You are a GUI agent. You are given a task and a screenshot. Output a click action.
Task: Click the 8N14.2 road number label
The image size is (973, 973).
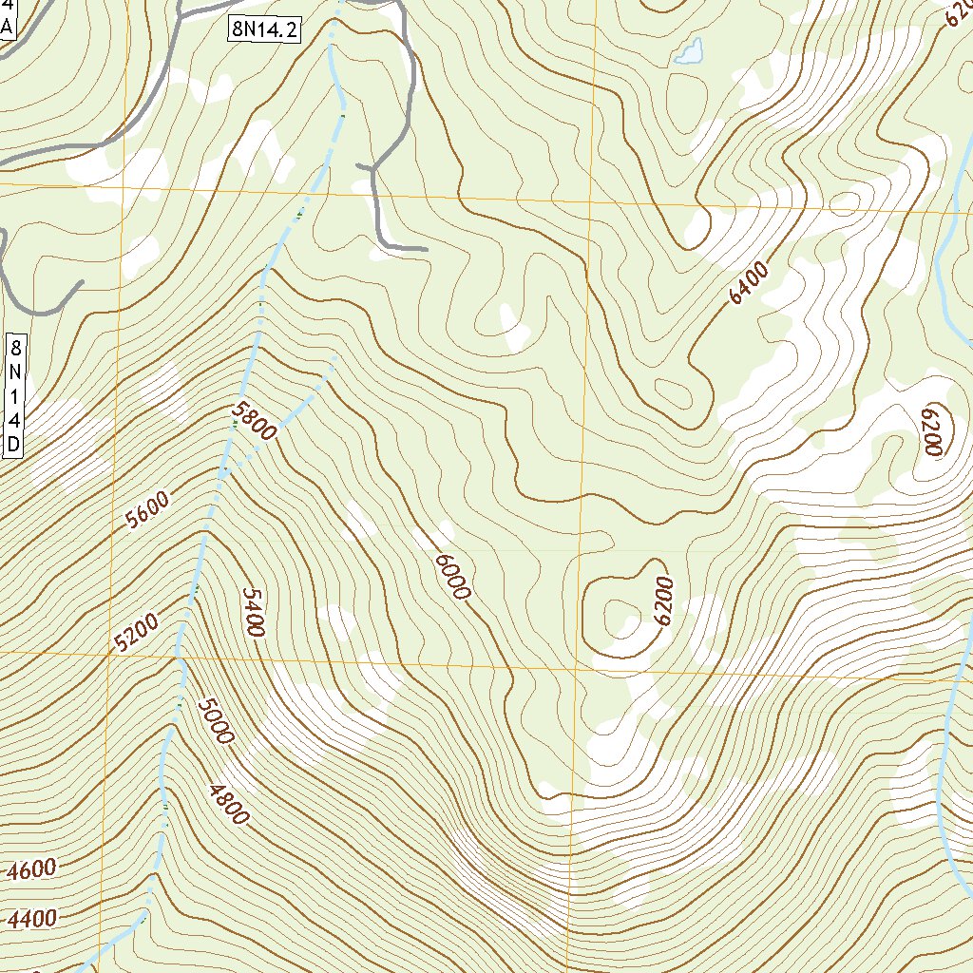[264, 30]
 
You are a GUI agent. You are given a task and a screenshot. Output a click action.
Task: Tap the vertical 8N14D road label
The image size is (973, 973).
[14, 393]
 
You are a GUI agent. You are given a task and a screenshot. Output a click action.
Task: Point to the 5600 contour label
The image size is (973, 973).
[146, 511]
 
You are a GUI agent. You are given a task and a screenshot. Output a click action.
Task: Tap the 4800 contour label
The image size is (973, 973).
[228, 802]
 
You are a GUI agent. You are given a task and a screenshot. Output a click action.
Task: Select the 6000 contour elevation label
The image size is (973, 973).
[452, 575]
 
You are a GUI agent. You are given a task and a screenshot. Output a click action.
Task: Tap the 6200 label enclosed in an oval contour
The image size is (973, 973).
[930, 431]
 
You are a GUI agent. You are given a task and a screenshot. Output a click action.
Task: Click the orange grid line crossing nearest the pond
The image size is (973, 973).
[591, 202]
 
